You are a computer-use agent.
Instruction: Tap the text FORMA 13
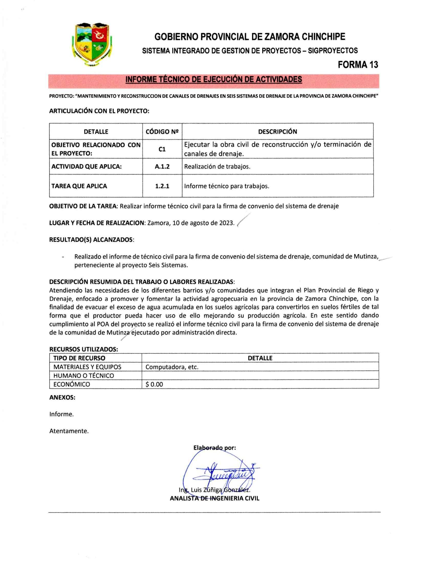[358, 65]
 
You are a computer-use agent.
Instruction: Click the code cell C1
[162, 149]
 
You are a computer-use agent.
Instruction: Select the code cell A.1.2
[162, 167]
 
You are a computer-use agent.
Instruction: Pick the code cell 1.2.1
[162, 186]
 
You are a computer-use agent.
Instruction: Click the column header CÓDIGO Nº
[162, 132]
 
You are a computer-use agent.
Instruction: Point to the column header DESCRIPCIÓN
[277, 132]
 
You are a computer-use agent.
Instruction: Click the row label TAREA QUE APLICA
[79, 186]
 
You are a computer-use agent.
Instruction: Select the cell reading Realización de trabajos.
[217, 167]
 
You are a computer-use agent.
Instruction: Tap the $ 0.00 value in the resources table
[154, 384]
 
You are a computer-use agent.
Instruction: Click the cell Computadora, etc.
[172, 367]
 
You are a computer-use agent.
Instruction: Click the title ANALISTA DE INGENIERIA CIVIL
[214, 499]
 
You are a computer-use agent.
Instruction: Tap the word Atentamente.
[69, 431]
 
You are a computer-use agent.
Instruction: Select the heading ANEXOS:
[62, 397]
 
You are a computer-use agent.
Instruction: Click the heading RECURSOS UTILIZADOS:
[84, 349]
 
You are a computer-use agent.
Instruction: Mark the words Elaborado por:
[214, 448]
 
